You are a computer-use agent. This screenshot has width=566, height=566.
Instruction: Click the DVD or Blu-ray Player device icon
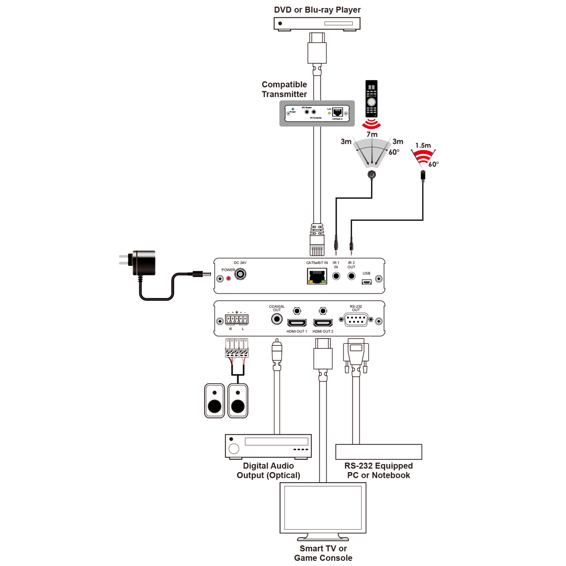(x=317, y=24)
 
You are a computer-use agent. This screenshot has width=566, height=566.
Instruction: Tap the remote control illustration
(x=372, y=99)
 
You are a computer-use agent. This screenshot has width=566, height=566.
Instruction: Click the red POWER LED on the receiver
(x=229, y=278)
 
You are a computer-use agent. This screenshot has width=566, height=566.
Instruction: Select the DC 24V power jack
(x=241, y=274)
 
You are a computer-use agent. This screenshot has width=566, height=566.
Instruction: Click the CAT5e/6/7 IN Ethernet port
(x=317, y=276)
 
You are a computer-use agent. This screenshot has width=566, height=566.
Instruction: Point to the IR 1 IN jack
(x=336, y=276)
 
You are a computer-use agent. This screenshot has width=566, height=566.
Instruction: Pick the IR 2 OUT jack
(x=351, y=276)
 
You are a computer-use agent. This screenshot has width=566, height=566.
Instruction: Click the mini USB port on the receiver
(x=366, y=282)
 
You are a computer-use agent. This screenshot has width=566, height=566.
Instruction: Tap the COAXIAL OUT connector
(x=277, y=319)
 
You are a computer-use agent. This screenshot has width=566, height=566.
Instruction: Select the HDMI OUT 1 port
(x=297, y=323)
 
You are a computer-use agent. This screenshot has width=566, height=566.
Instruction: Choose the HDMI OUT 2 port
(x=323, y=323)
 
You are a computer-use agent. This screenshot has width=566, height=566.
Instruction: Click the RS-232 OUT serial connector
(x=356, y=320)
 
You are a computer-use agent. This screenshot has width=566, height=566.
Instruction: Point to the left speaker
(x=215, y=401)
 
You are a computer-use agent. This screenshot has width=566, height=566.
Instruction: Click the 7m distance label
(x=372, y=134)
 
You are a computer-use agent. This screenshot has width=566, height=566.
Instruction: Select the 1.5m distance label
(x=423, y=146)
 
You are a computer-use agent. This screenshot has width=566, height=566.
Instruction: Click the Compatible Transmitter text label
(x=284, y=89)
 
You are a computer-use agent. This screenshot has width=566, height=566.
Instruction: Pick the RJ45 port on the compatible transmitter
(x=338, y=112)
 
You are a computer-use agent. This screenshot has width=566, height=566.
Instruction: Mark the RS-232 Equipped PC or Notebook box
(x=379, y=452)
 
